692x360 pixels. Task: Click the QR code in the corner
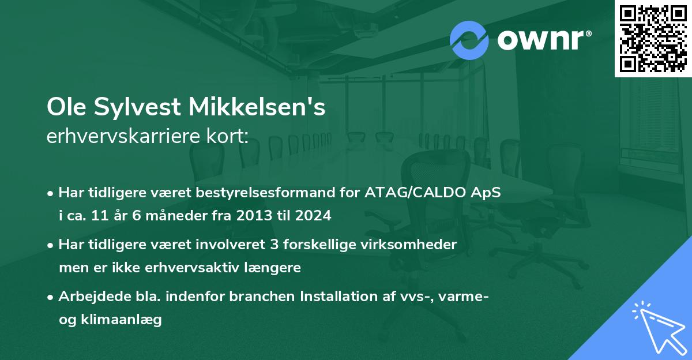point(653,39)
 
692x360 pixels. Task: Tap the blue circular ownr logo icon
point(469,40)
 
